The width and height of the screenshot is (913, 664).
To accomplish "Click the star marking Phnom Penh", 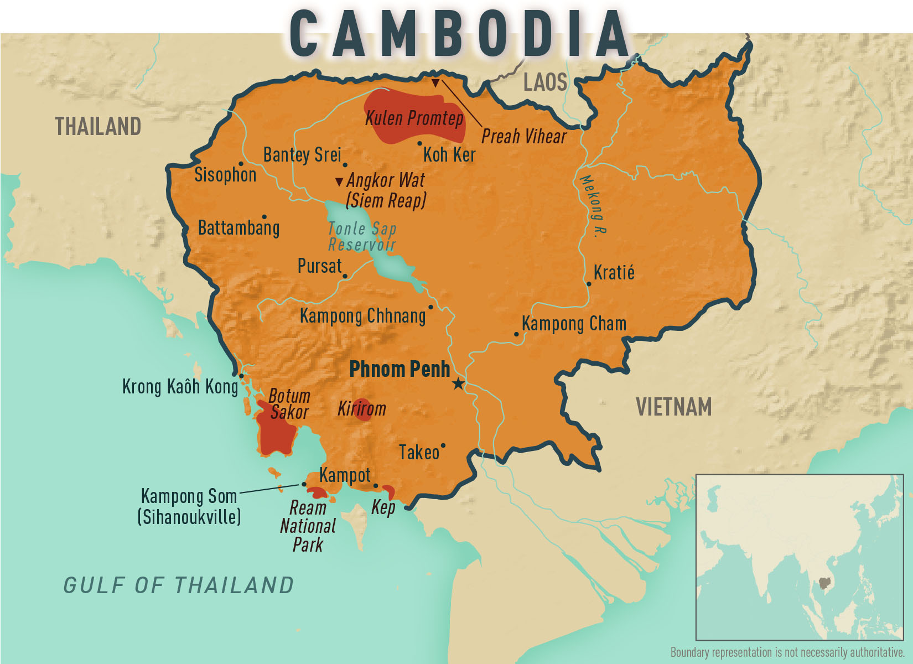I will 458,383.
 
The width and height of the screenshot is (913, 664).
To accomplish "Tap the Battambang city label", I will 238,228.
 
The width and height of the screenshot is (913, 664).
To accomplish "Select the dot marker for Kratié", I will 589,284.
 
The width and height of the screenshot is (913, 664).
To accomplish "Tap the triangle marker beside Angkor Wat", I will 339,181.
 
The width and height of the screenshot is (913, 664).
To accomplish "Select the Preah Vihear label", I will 523,136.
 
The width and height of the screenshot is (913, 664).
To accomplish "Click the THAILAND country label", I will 98,127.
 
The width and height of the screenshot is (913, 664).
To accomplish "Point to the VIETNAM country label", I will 673,407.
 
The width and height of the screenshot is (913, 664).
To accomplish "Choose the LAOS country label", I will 545,82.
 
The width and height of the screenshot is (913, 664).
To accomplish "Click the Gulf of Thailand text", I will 178,585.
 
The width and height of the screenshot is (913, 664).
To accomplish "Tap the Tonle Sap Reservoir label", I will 362,237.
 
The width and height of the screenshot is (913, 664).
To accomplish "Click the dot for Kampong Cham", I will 516,334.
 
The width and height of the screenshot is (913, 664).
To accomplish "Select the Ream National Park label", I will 308,526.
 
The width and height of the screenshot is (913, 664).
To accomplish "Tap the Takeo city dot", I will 443,445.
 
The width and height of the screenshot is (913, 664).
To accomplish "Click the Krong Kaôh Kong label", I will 180,386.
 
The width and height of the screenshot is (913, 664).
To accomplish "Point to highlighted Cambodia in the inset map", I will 824,582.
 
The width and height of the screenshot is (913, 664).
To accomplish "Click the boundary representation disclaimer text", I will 787,652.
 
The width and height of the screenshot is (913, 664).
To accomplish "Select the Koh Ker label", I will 449,155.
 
